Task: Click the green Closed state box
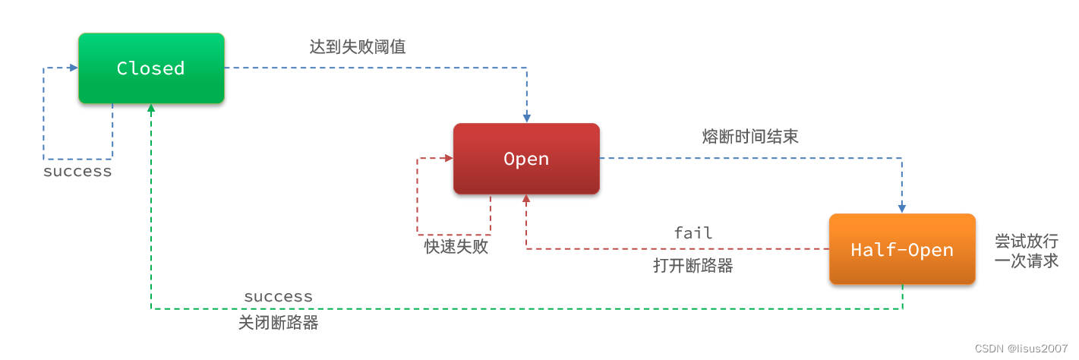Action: [151, 68]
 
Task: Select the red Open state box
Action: [526, 159]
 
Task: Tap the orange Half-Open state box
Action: [901, 250]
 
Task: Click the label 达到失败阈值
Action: [358, 47]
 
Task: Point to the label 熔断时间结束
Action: [750, 137]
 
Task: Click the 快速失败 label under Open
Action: [456, 247]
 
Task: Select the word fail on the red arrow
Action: [693, 233]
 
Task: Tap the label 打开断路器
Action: [693, 266]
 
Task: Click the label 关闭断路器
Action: [279, 323]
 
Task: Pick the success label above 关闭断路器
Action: [279, 296]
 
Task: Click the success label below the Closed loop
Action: [77, 172]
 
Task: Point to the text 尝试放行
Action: [1027, 242]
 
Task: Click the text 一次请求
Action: [1027, 261]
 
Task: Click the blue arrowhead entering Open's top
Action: [526, 118]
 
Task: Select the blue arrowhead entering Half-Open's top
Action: [902, 208]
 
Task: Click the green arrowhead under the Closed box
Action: [151, 109]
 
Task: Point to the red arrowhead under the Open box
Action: [526, 199]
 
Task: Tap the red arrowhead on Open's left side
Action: [448, 159]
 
